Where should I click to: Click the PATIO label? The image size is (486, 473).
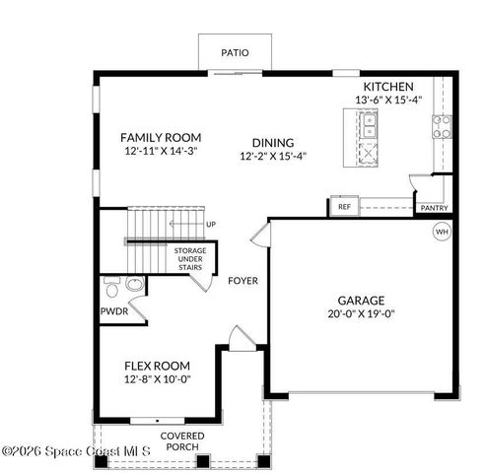[234, 52]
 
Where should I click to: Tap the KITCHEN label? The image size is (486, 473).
[387, 87]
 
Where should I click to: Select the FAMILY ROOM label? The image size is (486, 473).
[161, 137]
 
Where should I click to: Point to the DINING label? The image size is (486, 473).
[273, 142]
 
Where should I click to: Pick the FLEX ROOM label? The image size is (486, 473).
[157, 366]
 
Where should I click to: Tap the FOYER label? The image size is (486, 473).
[243, 281]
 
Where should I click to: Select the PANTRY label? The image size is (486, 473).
[434, 208]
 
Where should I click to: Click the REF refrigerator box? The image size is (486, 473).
[344, 207]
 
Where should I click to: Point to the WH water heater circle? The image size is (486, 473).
[442, 232]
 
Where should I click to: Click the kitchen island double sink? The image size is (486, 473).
[368, 125]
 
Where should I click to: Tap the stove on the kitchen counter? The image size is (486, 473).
[442, 126]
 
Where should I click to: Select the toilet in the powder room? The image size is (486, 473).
[112, 288]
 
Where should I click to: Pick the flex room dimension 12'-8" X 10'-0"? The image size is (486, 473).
[157, 379]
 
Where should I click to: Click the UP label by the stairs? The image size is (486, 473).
[210, 225]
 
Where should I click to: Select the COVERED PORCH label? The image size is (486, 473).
[182, 441]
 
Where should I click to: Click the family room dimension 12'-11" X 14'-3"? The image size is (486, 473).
[161, 152]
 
